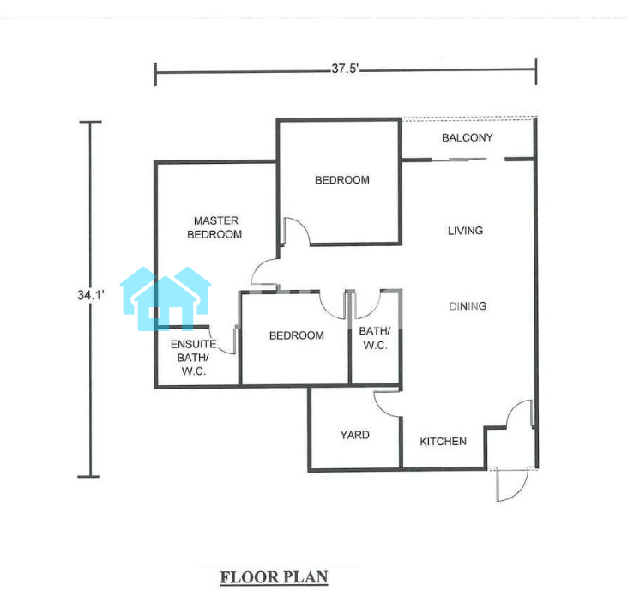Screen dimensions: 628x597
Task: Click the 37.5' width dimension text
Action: click(x=345, y=69)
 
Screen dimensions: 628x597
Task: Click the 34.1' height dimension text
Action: click(x=91, y=295)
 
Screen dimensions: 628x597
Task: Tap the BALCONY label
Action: click(x=468, y=138)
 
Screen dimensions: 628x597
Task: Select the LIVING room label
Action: click(x=465, y=231)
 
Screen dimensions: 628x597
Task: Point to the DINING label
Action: click(x=468, y=306)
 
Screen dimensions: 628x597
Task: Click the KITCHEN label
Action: click(x=443, y=442)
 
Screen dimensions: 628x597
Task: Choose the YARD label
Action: click(x=355, y=435)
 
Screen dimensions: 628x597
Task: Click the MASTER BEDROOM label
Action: click(x=215, y=227)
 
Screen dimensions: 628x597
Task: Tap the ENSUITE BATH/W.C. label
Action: click(x=193, y=358)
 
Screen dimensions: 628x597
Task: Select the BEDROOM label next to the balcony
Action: click(x=342, y=180)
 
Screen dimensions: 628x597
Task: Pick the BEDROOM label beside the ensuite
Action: click(x=297, y=335)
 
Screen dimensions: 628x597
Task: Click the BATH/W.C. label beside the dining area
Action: click(x=375, y=338)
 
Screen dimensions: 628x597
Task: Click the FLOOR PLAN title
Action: click(x=275, y=577)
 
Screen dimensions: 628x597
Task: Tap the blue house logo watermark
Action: click(x=166, y=298)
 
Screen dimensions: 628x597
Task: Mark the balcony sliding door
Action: click(x=459, y=160)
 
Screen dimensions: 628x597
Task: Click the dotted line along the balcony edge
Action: click(x=469, y=118)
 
